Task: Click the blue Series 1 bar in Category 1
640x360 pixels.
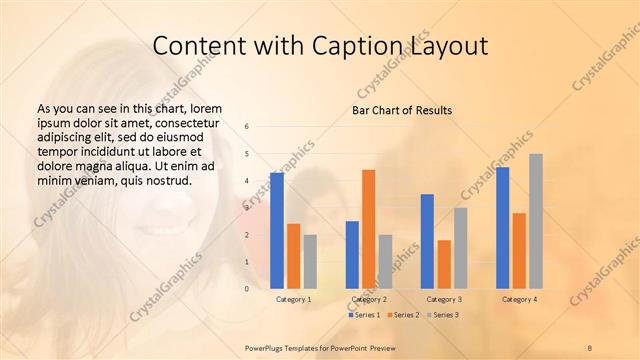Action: click(277, 231)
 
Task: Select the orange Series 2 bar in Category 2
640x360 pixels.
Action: click(368, 229)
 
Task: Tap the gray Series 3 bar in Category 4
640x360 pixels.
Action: click(536, 221)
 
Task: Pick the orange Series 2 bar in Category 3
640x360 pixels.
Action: click(444, 264)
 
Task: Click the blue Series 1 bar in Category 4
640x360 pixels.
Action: click(502, 228)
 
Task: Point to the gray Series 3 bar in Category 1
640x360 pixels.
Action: click(310, 262)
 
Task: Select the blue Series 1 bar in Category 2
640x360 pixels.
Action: click(352, 255)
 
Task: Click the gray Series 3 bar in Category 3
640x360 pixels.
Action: click(461, 248)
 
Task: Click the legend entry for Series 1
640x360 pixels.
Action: click(365, 315)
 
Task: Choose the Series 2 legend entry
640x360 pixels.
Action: click(403, 315)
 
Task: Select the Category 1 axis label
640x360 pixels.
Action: click(293, 299)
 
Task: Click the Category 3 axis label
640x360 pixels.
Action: click(444, 299)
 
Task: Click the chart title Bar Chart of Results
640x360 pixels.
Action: click(402, 110)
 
